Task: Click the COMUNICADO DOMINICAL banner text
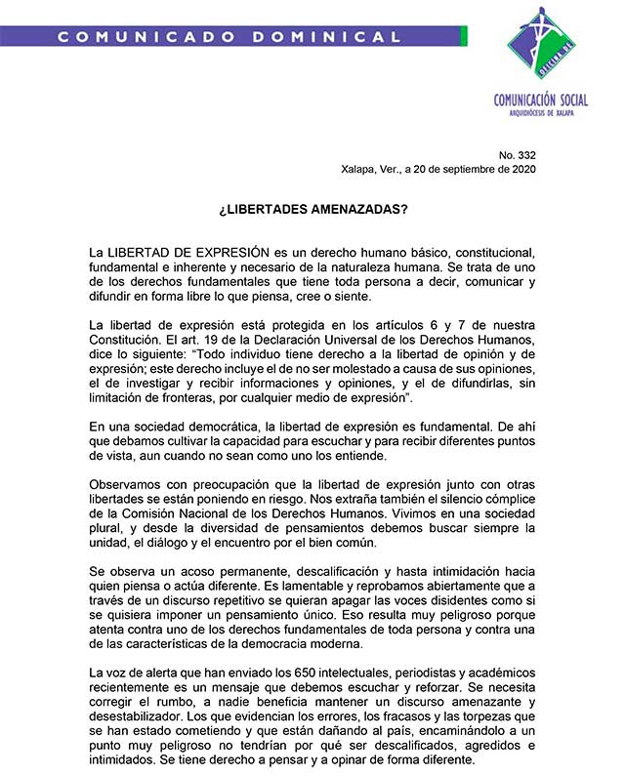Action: pos(229,37)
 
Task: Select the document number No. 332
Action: pos(518,154)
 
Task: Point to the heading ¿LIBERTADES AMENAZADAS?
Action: pos(312,210)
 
